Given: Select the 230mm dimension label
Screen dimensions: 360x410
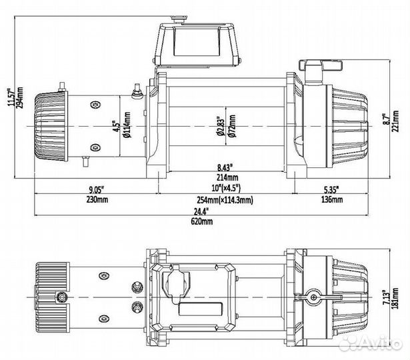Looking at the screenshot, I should pyautogui.click(x=96, y=201).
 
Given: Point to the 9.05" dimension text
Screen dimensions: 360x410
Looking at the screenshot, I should pyautogui.click(x=96, y=190).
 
